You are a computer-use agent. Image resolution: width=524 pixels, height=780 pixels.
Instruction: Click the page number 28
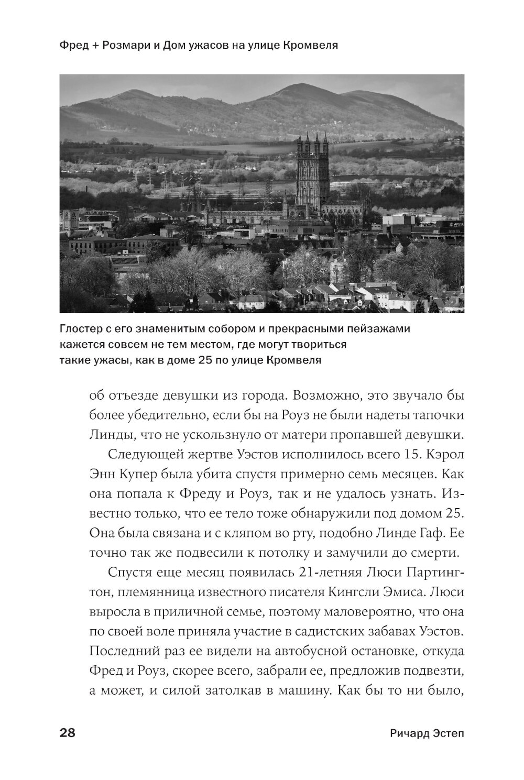coord(68,733)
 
